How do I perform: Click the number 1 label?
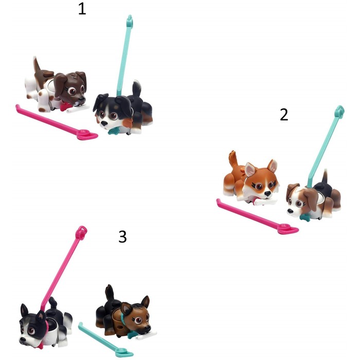(82, 9)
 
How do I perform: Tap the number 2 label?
(284, 114)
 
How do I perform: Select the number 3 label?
(122, 237)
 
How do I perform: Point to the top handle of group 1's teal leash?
(129, 21)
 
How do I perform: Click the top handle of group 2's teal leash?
(339, 111)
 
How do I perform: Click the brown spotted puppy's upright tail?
(36, 65)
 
